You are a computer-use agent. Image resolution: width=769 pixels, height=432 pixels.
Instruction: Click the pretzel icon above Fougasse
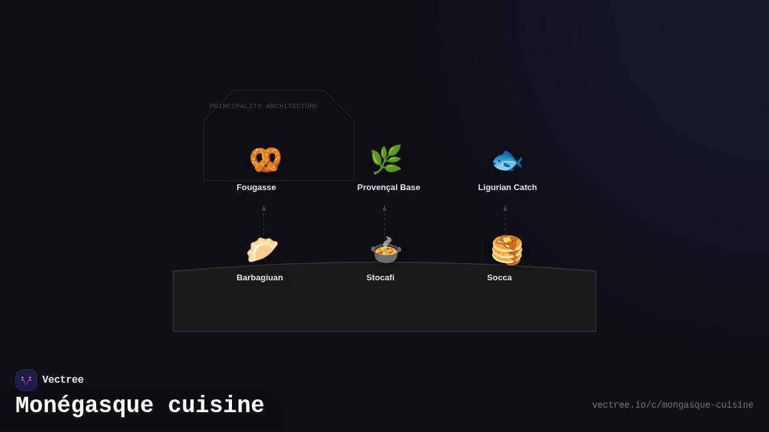[x=265, y=160]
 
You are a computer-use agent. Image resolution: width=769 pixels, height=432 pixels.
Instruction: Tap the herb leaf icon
[x=386, y=159]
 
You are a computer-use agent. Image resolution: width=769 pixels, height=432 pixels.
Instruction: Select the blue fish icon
[x=507, y=161]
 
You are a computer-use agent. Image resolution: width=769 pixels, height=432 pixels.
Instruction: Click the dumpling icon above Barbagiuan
[x=262, y=250]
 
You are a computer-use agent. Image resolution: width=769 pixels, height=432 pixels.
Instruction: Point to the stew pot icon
[x=386, y=250]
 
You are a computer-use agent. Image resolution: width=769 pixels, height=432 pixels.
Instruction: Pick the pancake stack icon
[x=507, y=250]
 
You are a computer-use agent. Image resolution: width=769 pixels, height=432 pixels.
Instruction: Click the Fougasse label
[x=256, y=188]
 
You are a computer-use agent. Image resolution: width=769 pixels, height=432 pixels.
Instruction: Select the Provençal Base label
[x=388, y=188]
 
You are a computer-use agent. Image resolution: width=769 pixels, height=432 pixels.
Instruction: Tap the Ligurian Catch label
[x=508, y=188]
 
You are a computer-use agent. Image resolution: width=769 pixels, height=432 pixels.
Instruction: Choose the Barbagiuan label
[x=260, y=278]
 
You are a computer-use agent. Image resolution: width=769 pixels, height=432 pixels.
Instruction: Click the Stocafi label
[x=381, y=278]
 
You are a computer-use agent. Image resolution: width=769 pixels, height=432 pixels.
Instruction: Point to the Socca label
[x=499, y=278]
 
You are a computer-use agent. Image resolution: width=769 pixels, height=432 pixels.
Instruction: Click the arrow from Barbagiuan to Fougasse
[x=263, y=221]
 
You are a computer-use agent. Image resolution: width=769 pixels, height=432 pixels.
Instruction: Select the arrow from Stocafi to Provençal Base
[x=384, y=221]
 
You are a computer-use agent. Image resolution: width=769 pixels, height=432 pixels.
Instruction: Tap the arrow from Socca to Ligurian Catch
[x=505, y=221]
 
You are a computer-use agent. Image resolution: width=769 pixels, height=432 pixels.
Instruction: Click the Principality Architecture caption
[x=263, y=106]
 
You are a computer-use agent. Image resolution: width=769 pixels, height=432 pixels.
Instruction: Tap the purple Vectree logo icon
[x=26, y=380]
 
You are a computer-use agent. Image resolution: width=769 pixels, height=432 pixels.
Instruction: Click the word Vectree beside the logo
[x=63, y=380]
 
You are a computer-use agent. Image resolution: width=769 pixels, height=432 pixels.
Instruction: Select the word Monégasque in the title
[x=85, y=406]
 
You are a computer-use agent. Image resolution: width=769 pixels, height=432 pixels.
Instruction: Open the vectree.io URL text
[x=672, y=405]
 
